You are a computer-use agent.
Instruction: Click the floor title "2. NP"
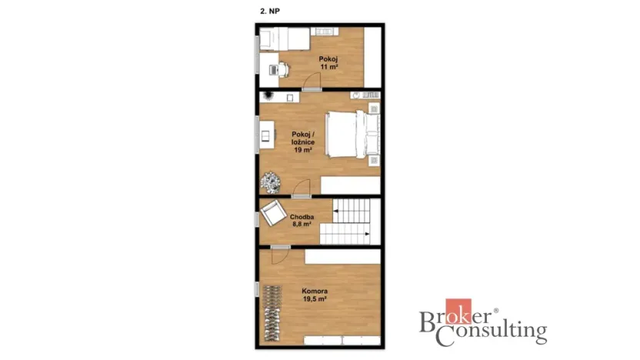tap(270, 12)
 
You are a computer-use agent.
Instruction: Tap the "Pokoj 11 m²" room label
tap(328, 63)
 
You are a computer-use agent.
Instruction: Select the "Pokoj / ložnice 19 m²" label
tap(303, 142)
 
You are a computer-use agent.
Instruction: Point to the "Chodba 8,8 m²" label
tap(302, 221)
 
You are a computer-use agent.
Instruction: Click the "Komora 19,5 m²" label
tap(315, 295)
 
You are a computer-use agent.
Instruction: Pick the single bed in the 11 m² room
tap(285, 38)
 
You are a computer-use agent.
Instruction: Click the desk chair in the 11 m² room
tap(284, 70)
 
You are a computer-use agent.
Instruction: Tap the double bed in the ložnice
tap(352, 135)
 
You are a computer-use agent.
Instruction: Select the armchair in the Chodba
tap(273, 212)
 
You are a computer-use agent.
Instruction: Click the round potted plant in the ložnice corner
tap(270, 182)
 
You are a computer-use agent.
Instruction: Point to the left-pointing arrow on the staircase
tap(336, 211)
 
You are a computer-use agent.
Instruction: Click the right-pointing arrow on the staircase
tap(367, 234)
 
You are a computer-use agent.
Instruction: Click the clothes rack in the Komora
tap(272, 313)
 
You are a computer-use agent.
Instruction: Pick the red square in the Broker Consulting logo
tap(458, 311)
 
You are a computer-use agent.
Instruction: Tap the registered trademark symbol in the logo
tap(496, 311)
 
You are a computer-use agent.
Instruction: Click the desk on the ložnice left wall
tap(267, 135)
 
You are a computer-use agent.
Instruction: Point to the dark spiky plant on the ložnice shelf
tap(268, 96)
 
